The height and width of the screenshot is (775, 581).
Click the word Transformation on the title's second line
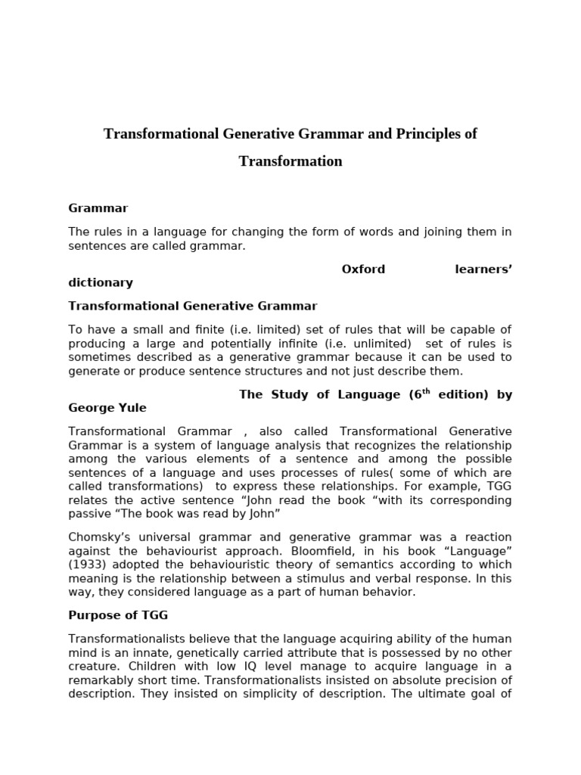coord(290,161)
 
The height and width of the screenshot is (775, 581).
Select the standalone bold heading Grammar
coord(98,207)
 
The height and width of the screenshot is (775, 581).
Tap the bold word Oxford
coord(363,269)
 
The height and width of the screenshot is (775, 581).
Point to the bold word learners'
coord(483,269)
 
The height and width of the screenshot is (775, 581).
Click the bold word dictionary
coord(101,282)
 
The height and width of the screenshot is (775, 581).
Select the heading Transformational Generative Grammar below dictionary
coord(193,306)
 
